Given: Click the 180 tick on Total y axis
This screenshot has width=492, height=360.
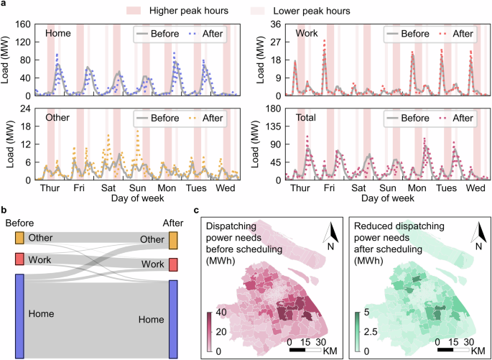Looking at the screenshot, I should click(274, 108).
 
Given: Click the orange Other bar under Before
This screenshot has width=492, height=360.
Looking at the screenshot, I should click(19, 238).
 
